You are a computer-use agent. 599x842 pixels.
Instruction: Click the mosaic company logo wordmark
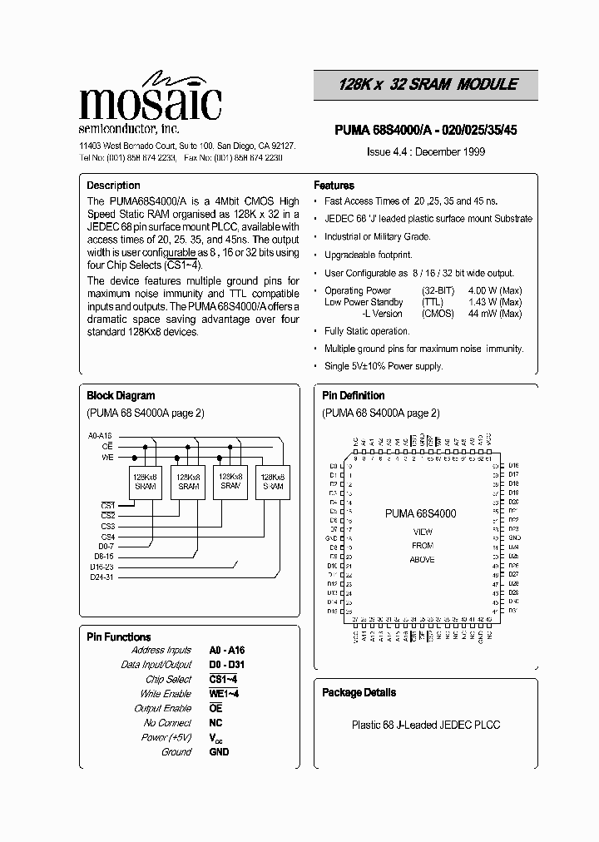point(150,102)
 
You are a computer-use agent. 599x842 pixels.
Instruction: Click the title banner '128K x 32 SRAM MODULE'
point(428,85)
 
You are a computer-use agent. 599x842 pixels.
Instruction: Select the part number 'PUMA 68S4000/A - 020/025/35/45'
point(426,131)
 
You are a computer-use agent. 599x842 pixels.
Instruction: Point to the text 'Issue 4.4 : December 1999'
point(426,151)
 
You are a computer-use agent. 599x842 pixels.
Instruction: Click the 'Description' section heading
point(113,186)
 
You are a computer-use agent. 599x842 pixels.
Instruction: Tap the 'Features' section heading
point(334,186)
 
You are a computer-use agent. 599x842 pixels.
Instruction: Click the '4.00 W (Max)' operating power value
point(495,290)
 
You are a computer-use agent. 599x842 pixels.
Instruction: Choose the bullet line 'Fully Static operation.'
point(367,331)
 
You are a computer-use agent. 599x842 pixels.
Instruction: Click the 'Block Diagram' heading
point(121,396)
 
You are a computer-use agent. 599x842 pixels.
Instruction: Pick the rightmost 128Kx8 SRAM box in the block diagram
point(273,481)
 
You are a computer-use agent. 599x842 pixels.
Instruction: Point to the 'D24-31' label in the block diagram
point(101,576)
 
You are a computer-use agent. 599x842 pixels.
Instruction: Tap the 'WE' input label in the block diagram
point(107,457)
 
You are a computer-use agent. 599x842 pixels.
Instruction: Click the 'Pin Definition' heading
point(353,396)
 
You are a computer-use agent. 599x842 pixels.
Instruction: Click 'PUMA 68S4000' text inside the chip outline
point(420,514)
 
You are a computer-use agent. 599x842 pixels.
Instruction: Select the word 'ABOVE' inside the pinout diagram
point(422,560)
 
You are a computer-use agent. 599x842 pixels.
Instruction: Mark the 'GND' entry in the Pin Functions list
point(219,751)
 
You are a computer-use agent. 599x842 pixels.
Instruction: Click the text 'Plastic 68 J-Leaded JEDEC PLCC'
point(425,725)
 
